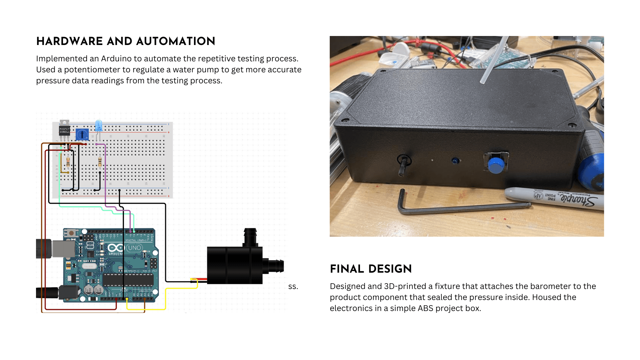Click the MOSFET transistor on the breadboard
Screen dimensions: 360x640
click(x=64, y=130)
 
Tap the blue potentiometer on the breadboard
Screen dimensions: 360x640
click(x=82, y=134)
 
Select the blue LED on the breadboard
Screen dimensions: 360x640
click(x=99, y=126)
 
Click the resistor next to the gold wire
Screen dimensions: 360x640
click(x=68, y=162)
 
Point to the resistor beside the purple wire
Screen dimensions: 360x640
click(x=100, y=162)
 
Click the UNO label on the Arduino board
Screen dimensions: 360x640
click(x=135, y=248)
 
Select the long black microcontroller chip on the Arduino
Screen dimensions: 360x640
click(x=128, y=280)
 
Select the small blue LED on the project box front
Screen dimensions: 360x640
click(x=455, y=161)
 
